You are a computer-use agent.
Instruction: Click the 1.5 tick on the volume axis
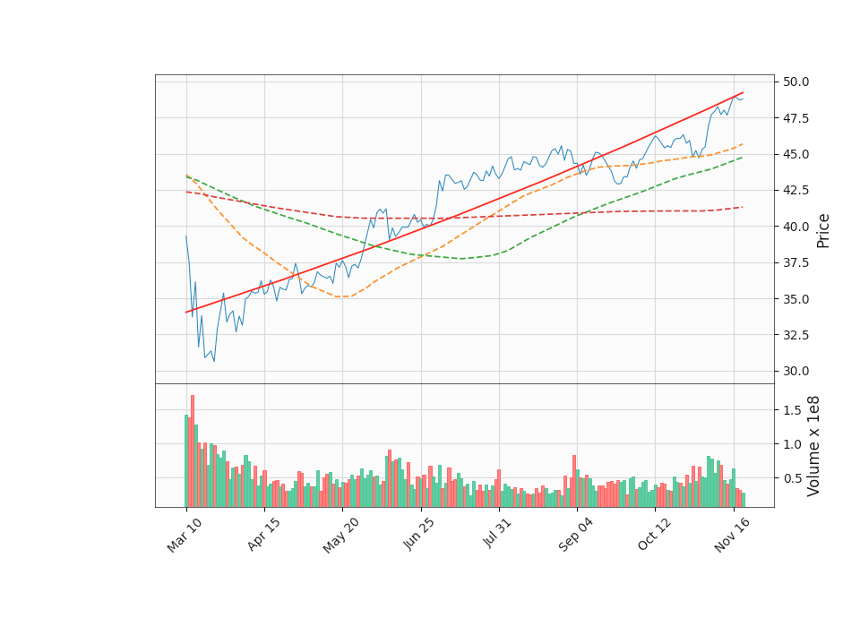[x=791, y=410]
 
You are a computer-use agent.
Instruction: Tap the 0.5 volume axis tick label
[x=791, y=478]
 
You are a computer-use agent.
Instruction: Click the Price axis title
[x=823, y=230]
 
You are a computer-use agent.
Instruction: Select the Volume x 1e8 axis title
[x=814, y=445]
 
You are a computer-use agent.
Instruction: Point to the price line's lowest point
[x=214, y=361]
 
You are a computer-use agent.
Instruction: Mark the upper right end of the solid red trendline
[x=744, y=92]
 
